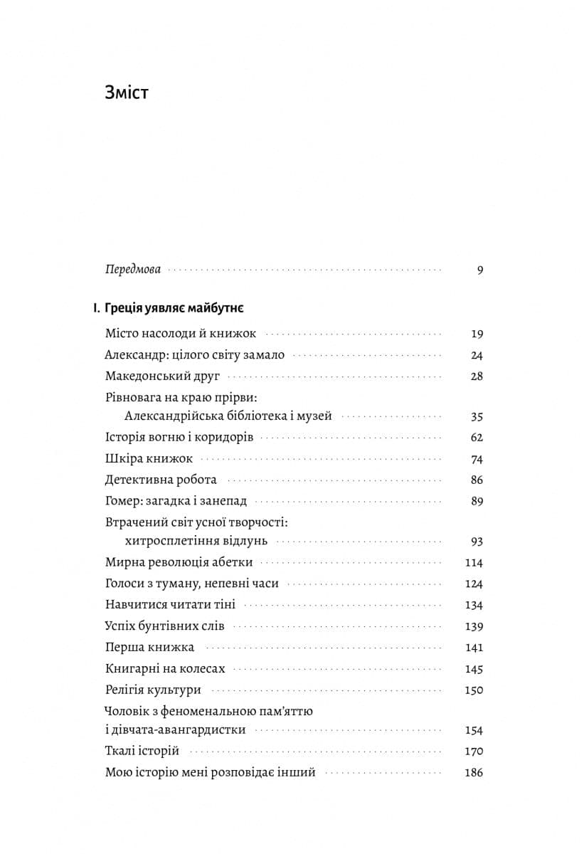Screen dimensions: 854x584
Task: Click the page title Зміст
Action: point(126,93)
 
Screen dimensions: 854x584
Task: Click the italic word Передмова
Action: point(132,270)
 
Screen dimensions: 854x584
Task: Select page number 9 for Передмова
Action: point(479,270)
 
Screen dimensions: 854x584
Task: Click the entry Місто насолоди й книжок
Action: point(181,333)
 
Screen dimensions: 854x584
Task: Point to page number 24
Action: point(477,355)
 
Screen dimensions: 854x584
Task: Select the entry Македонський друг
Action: point(163,376)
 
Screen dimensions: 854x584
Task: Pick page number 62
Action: point(477,438)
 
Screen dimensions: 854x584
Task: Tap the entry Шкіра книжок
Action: point(149,459)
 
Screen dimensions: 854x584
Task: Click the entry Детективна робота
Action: point(161,480)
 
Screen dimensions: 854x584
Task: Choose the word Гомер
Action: point(122,501)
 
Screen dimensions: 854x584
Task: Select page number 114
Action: point(474,563)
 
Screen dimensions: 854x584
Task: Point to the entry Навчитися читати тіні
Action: point(170,605)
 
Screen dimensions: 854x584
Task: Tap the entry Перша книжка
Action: point(149,647)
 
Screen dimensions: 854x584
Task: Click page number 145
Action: point(474,669)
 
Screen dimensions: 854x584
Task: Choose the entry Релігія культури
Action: point(153,690)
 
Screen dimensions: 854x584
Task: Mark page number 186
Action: point(474,772)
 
